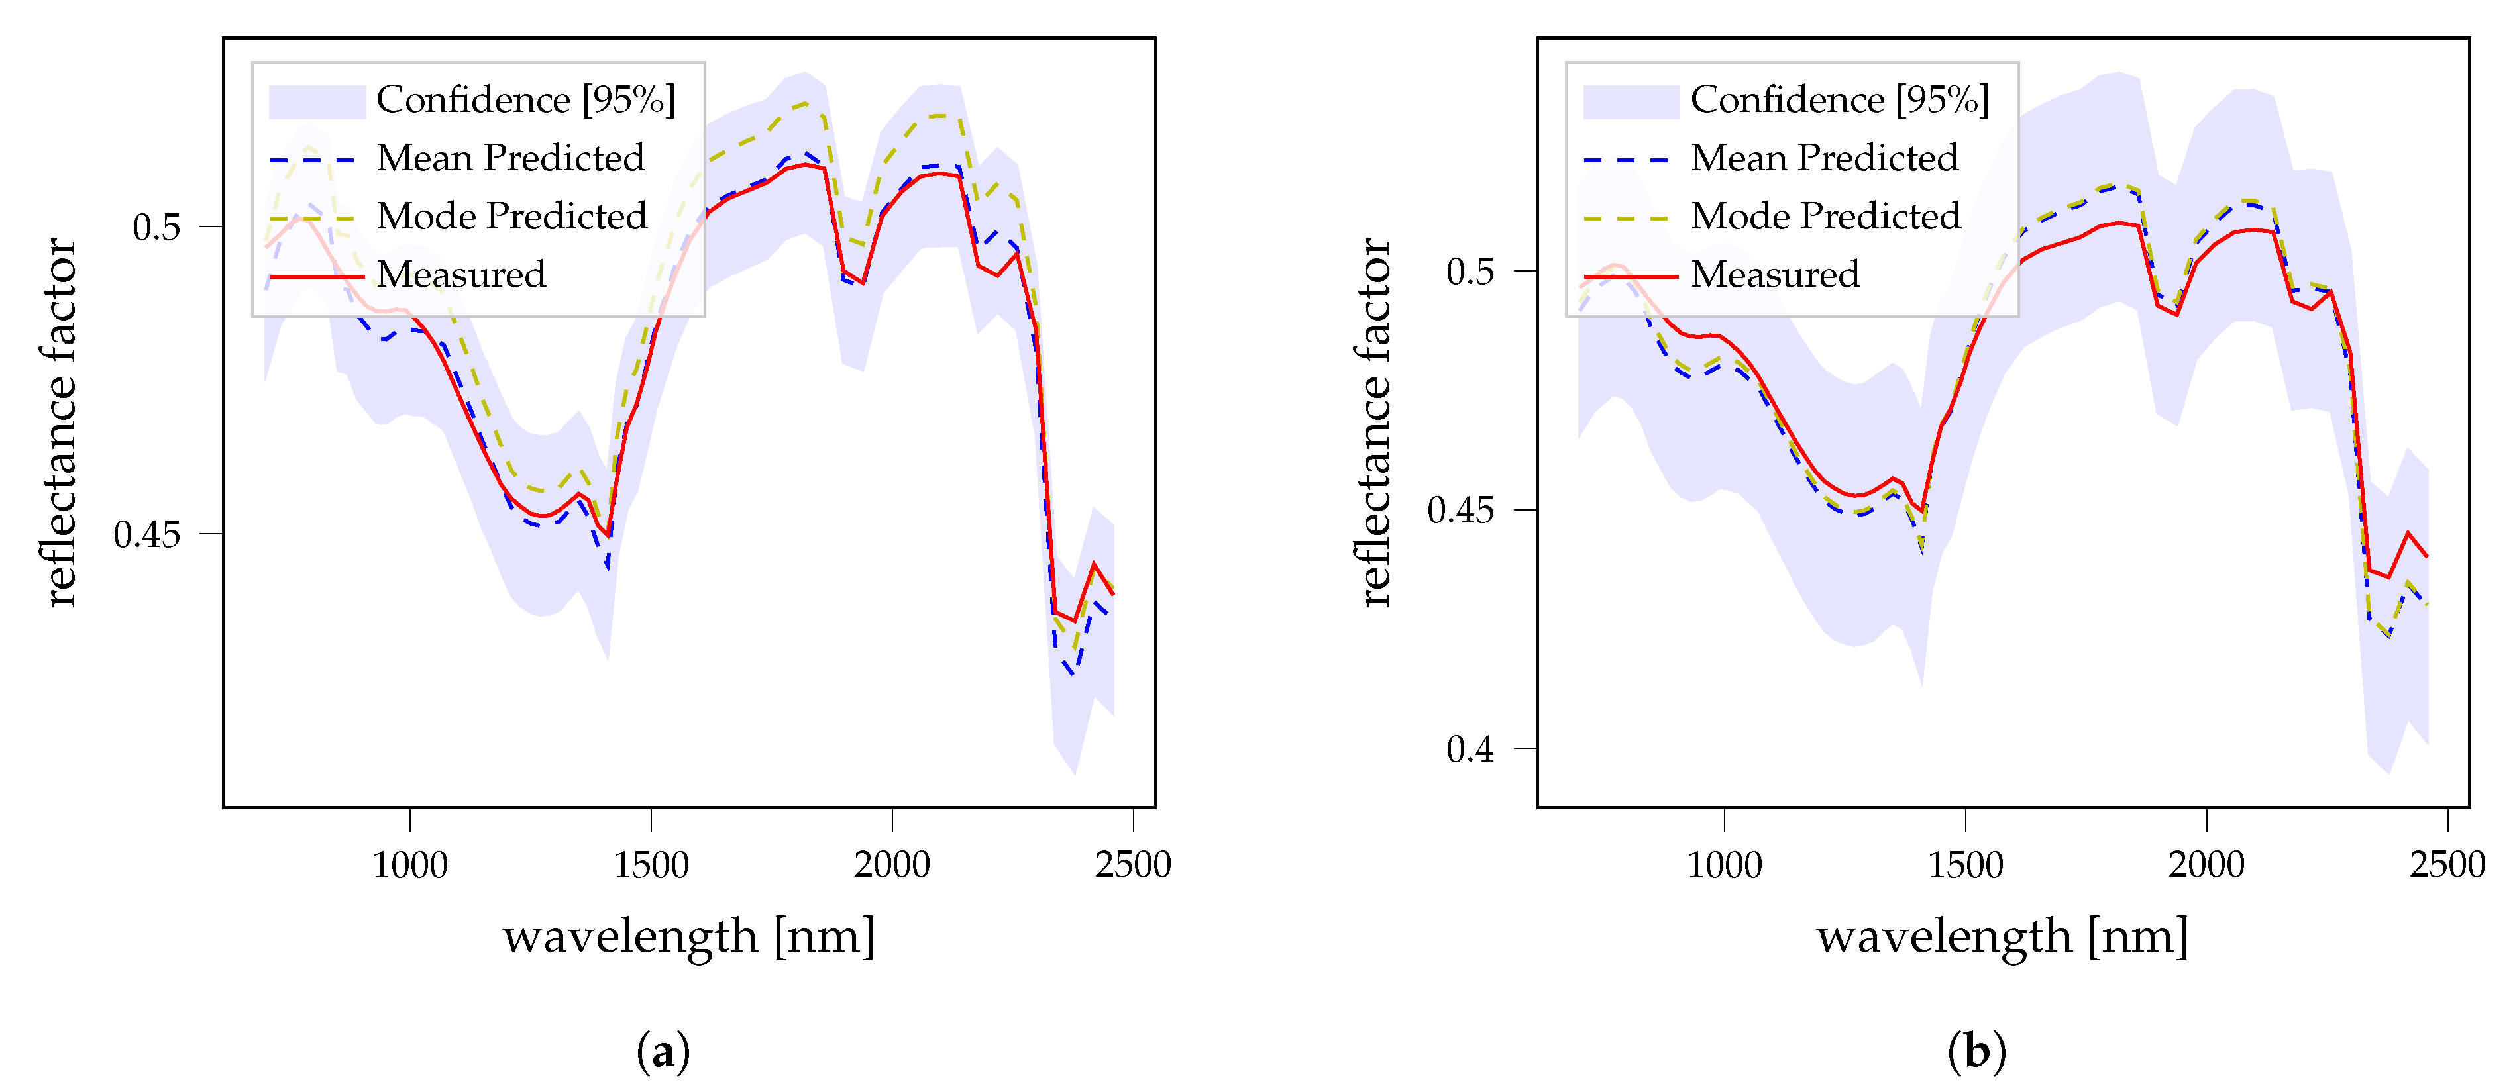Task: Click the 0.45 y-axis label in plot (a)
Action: (146, 535)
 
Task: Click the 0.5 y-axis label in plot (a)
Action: (156, 228)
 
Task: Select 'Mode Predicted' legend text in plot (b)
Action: (1825, 217)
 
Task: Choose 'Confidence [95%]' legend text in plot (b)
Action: (1839, 99)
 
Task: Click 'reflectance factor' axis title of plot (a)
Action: (60, 422)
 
